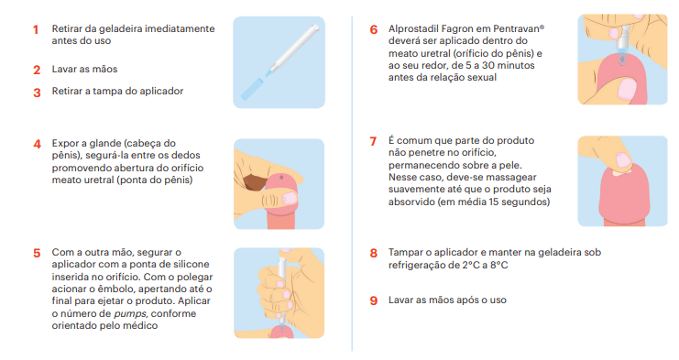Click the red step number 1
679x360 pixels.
click(x=36, y=29)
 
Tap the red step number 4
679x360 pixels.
click(x=38, y=144)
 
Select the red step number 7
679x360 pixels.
click(x=373, y=141)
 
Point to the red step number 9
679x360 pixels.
click(x=374, y=300)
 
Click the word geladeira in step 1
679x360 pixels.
click(x=120, y=29)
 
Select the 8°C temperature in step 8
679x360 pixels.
click(x=498, y=265)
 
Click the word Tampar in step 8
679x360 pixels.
click(x=403, y=253)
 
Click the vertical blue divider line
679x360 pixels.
click(x=352, y=183)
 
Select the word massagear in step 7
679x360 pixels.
click(x=510, y=178)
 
